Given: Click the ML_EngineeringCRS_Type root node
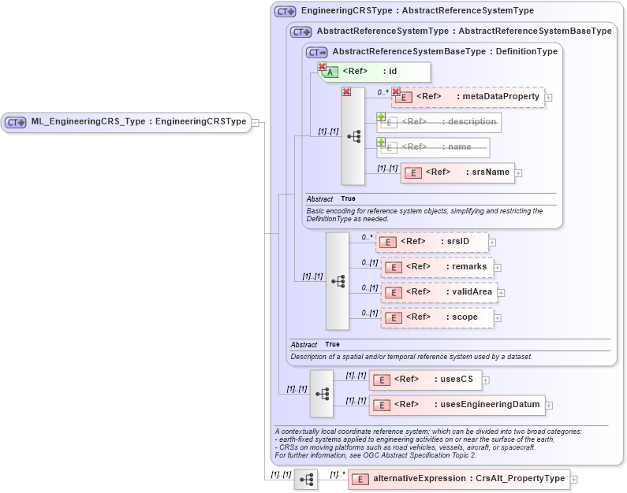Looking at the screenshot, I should coord(126,122).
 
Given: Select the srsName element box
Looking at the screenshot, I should coord(457,172).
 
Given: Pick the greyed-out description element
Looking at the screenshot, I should coord(439,122).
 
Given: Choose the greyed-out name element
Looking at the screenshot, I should coord(433,147).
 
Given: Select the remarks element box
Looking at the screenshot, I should coord(437,267).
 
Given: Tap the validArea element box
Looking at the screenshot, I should coord(438,292).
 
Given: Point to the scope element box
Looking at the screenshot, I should coord(437,317).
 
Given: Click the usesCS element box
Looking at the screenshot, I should coord(425,380).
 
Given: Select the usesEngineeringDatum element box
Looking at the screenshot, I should coord(457,405).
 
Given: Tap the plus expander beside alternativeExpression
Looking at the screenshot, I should coord(574,479).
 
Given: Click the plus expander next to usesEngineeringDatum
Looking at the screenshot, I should coord(549,406).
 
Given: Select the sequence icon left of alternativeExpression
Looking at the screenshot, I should coord(306,479).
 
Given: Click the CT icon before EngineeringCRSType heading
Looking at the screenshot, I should coord(285,12).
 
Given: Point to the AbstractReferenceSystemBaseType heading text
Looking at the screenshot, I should coord(445,51).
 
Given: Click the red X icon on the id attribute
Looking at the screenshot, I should coord(322,67).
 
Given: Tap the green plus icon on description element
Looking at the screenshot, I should coord(381,117).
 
